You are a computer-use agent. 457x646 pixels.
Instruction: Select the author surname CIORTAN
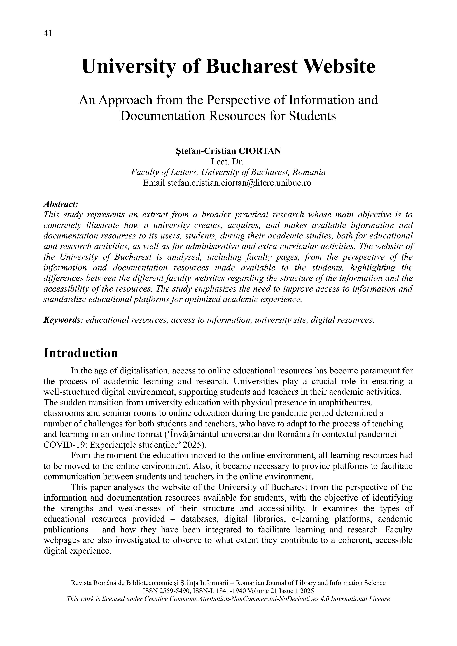tap(260, 151)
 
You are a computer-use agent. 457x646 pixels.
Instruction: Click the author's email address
tap(239, 183)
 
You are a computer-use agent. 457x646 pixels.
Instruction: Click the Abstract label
tap(61, 204)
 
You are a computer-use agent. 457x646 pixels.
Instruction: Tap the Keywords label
tap(62, 320)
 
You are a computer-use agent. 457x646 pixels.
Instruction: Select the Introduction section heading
tap(81, 353)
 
